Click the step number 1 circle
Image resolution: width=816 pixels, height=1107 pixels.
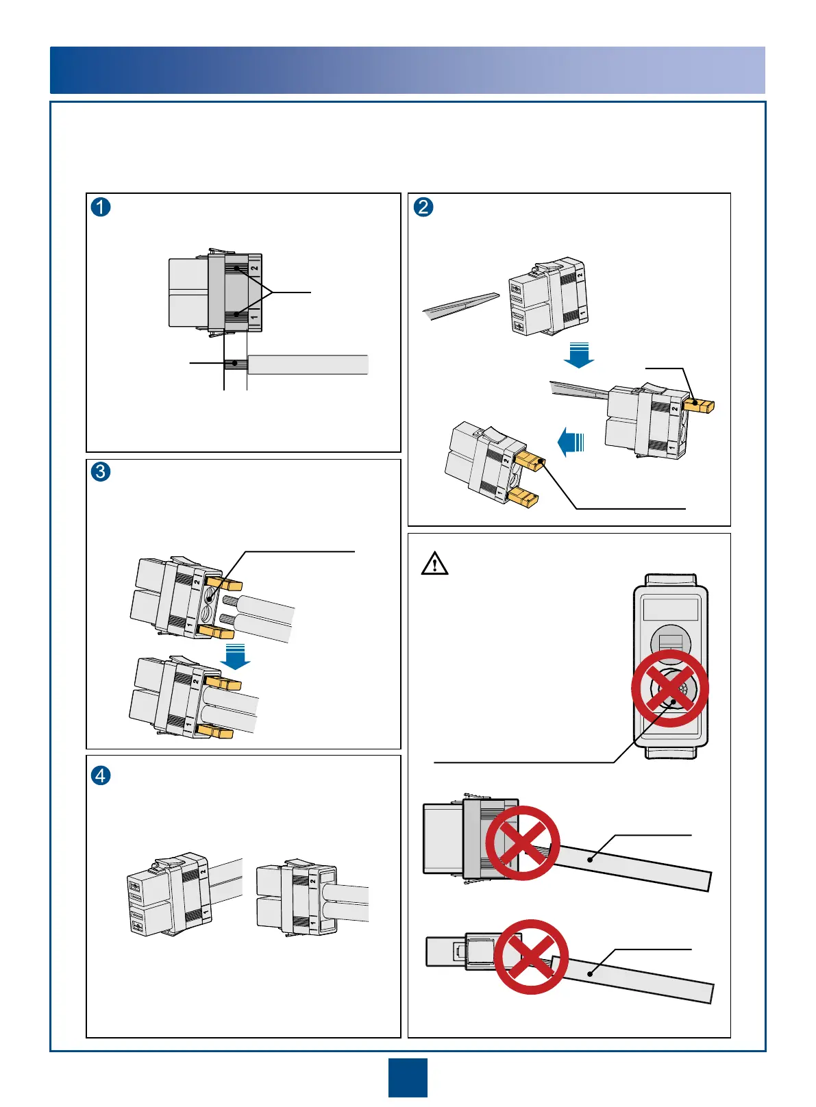pos(101,206)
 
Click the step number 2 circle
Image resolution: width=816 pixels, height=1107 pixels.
pos(423,206)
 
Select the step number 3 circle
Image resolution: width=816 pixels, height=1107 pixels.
pos(101,471)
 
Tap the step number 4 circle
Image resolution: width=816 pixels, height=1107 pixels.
pos(101,775)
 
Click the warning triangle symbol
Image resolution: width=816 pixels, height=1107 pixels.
pos(434,564)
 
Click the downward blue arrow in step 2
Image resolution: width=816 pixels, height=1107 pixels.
pos(579,353)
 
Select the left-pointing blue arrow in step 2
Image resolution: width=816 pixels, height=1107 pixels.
pos(569,441)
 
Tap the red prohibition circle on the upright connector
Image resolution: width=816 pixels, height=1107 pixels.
pos(669,688)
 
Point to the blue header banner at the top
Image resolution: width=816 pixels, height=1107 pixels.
pos(408,70)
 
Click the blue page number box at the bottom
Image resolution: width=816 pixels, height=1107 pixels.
pos(408,1078)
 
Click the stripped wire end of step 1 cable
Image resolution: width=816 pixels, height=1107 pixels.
pos(235,364)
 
